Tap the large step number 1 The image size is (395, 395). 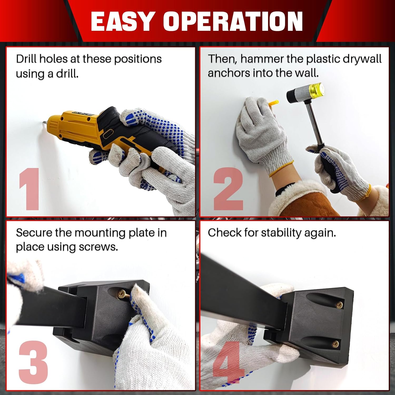(29, 189)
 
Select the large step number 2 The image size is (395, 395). (228, 189)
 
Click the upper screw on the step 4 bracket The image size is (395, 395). (339, 305)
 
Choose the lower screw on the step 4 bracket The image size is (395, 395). (336, 343)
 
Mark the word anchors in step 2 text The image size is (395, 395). (228, 73)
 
